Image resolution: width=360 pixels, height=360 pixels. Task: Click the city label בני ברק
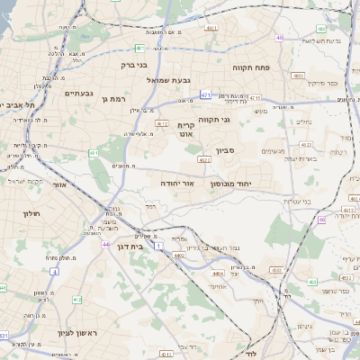coord(133,65)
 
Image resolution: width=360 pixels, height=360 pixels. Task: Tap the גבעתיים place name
coord(79,92)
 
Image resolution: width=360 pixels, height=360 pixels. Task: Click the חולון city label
coord(32,213)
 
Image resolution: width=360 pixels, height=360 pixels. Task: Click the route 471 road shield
coord(206,94)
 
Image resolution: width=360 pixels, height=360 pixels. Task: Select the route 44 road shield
coord(105,245)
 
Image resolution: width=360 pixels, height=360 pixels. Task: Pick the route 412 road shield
coord(76,300)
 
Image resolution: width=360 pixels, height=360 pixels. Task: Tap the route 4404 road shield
coord(179,256)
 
